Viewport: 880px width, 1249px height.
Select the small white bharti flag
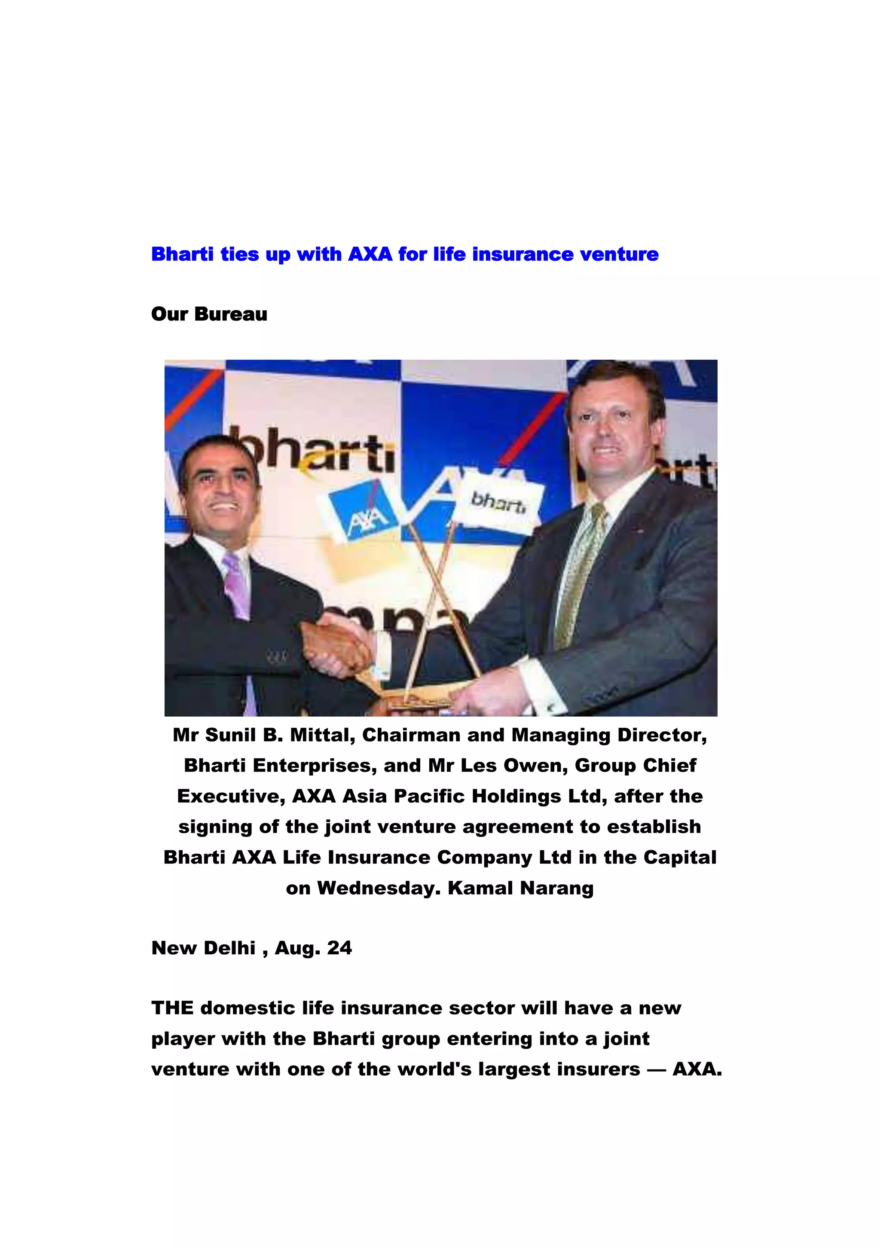pos(498,501)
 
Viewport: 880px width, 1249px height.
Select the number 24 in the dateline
pos(339,948)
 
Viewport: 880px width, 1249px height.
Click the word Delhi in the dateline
pos(230,948)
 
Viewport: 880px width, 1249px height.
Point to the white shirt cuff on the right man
pos(538,687)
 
